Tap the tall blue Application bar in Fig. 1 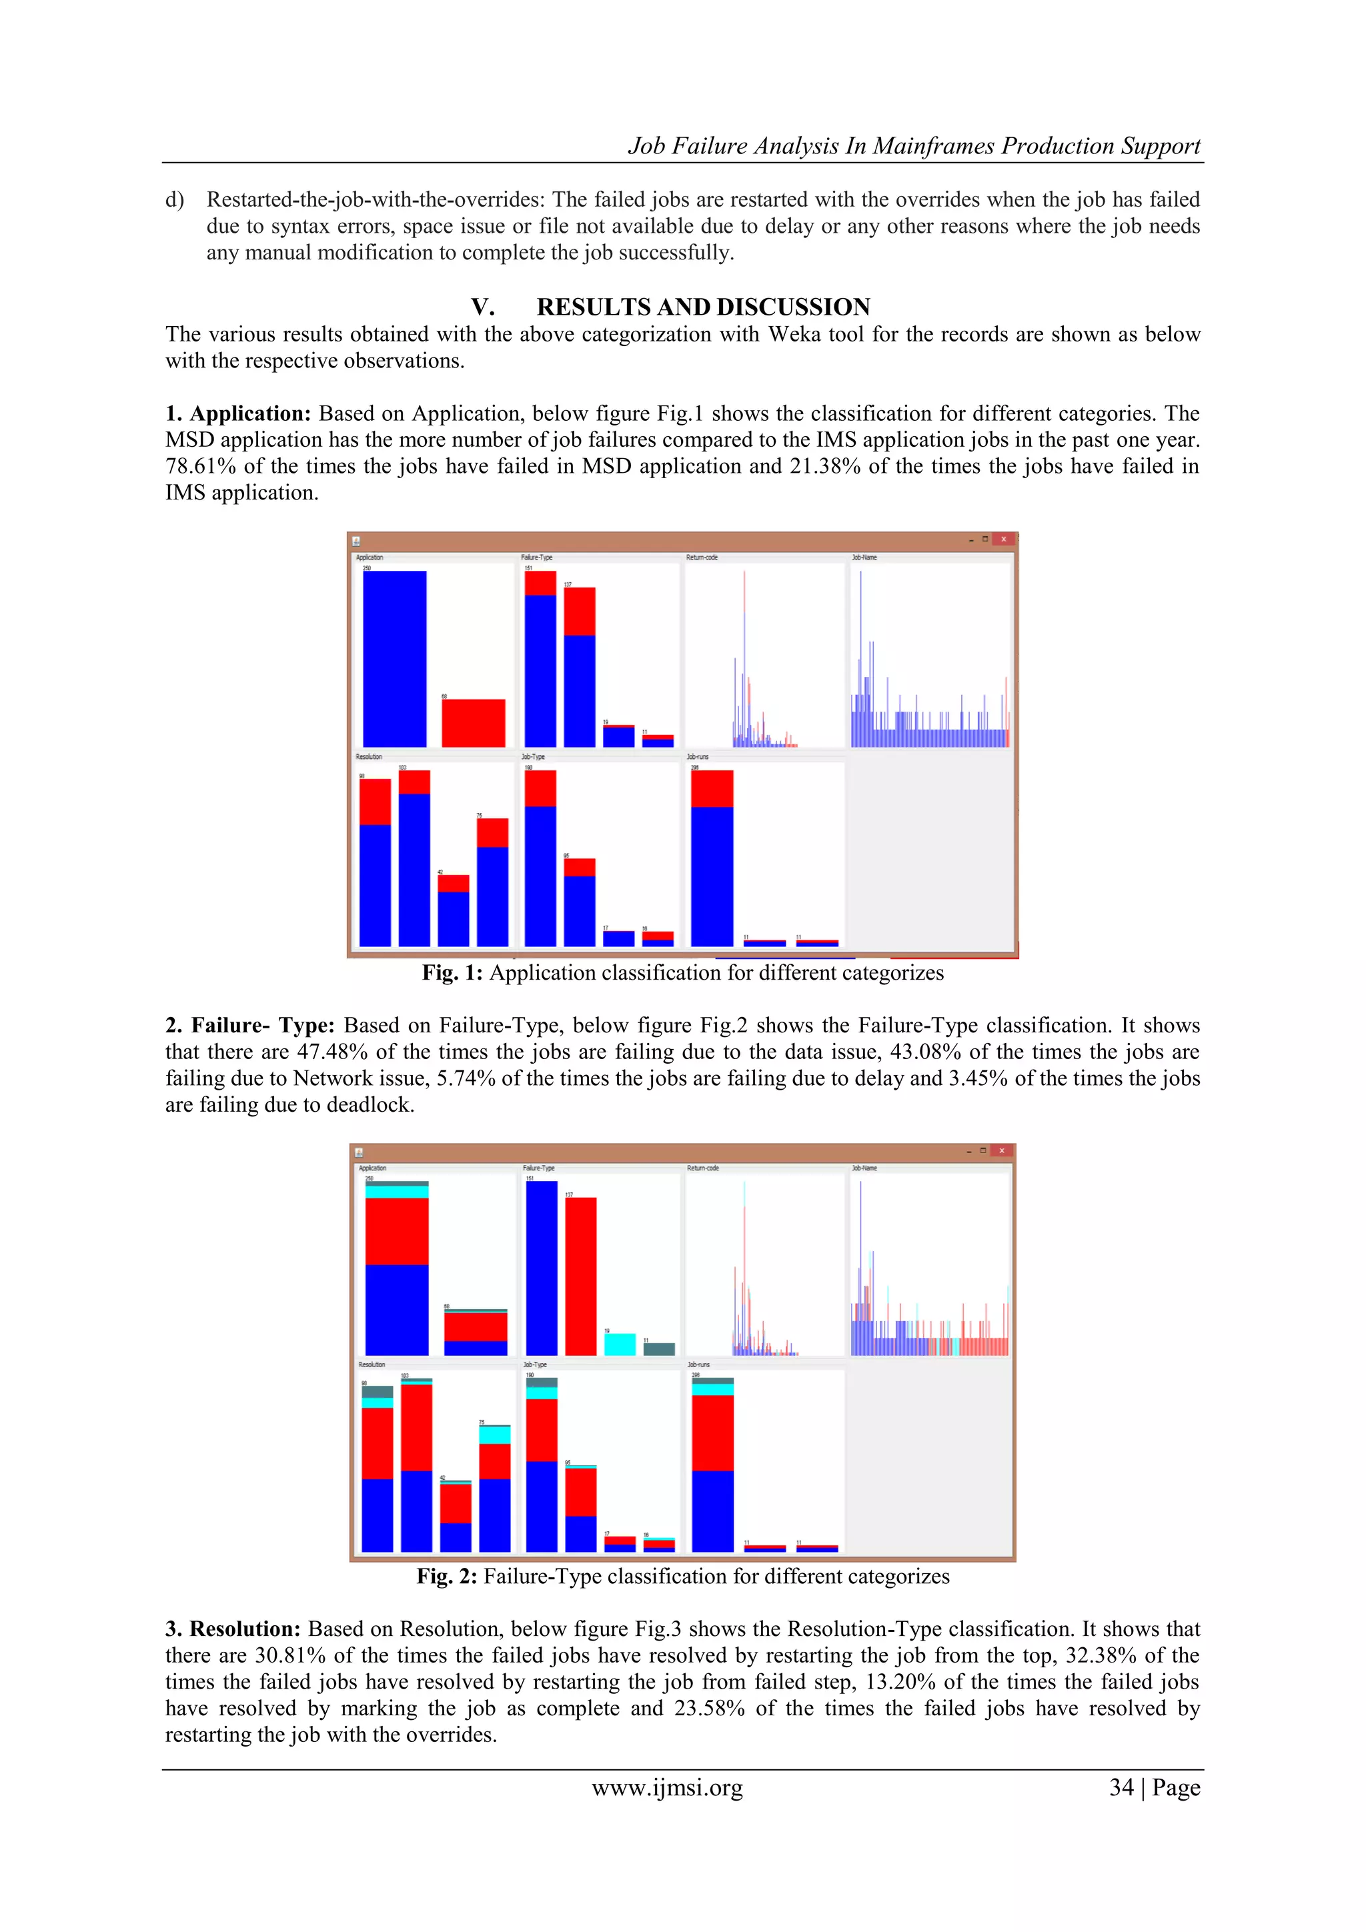[394, 658]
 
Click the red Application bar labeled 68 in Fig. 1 [473, 723]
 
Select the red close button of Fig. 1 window [1002, 540]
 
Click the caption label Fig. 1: [452, 973]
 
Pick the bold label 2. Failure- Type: [250, 1025]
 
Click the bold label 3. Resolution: [232, 1629]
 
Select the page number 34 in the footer [1121, 1787]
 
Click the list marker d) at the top [174, 199]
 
